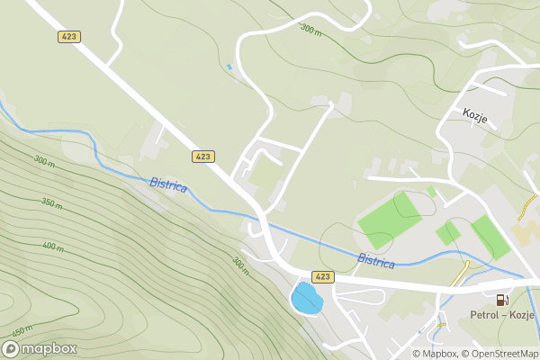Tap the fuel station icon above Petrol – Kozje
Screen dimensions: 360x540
click(501, 300)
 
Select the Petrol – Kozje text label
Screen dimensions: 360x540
click(502, 316)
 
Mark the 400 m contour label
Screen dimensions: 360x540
click(52, 246)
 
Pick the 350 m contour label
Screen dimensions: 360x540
click(51, 204)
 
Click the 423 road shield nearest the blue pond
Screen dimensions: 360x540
click(323, 276)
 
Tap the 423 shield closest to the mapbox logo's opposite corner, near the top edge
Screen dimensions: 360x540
click(69, 37)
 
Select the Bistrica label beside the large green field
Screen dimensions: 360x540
click(376, 261)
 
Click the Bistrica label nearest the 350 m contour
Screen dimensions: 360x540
click(168, 184)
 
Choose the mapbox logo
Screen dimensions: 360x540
click(39, 348)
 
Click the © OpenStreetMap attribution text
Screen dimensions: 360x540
click(500, 354)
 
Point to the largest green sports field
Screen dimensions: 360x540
click(389, 219)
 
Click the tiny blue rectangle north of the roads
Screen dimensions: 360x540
click(229, 67)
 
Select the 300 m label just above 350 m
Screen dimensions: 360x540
click(43, 161)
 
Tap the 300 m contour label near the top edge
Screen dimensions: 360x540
click(311, 30)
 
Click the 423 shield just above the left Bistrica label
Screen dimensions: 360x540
click(203, 157)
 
